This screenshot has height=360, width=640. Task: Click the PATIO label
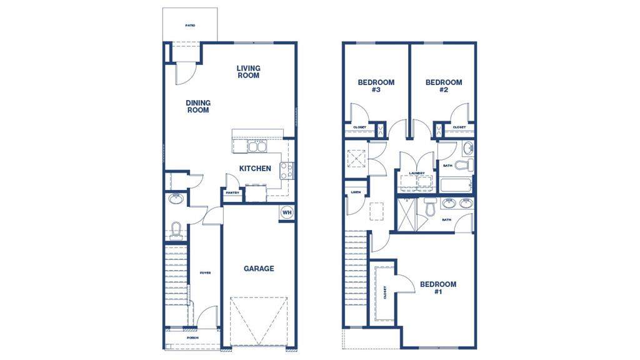pyautogui.click(x=190, y=26)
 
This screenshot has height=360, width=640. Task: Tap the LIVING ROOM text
pyautogui.click(x=248, y=72)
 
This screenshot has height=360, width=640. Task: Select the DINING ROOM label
pyautogui.click(x=198, y=106)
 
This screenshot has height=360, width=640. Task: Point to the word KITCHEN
pyautogui.click(x=255, y=168)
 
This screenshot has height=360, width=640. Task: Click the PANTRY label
pyautogui.click(x=231, y=193)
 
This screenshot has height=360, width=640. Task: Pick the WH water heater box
pyautogui.click(x=287, y=212)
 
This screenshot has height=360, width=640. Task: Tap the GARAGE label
pyautogui.click(x=259, y=269)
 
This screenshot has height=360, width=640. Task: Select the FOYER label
pyautogui.click(x=205, y=273)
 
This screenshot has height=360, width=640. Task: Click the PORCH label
pyautogui.click(x=192, y=337)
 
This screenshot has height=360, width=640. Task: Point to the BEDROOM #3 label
pyautogui.click(x=376, y=86)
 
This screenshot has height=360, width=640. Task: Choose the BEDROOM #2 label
pyautogui.click(x=444, y=86)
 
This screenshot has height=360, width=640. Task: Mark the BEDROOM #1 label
pyautogui.click(x=437, y=287)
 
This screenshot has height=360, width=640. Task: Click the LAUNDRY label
pyautogui.click(x=417, y=173)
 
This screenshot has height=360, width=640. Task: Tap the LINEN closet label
pyautogui.click(x=356, y=192)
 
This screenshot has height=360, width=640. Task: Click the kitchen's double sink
pyautogui.click(x=257, y=147)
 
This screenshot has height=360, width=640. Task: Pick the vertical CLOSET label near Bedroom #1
pyautogui.click(x=384, y=292)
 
